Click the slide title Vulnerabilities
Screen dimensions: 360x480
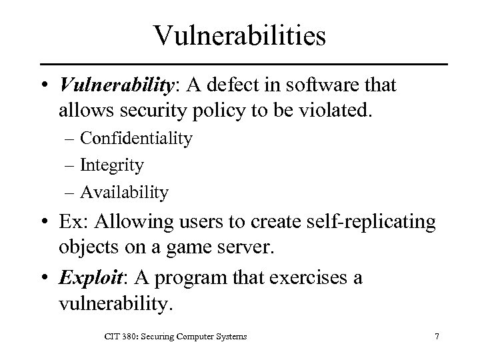click(x=239, y=35)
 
